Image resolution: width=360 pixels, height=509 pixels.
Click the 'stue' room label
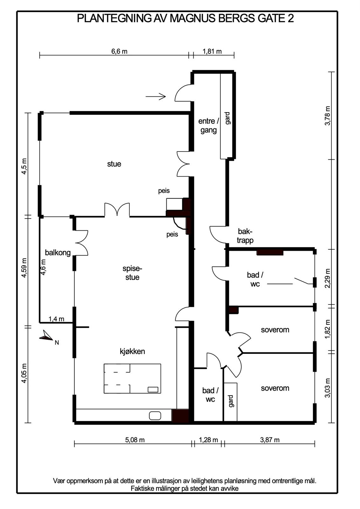(114, 164)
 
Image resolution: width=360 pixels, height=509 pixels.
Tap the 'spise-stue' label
(132, 273)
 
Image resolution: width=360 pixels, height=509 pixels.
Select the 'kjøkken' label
(132, 351)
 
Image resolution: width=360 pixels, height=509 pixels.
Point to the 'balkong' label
(58, 253)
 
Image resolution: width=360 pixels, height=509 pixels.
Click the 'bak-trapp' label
(245, 236)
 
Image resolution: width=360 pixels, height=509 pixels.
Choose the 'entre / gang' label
(209, 126)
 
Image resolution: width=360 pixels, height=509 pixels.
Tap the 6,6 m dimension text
(119, 51)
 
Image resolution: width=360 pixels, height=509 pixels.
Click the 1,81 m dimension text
(212, 51)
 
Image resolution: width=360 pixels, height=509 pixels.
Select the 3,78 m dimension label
(328, 116)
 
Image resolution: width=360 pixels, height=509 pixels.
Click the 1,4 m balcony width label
(56, 319)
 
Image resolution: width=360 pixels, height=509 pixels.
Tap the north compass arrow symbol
(46, 336)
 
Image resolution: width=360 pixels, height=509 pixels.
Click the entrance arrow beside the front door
(156, 97)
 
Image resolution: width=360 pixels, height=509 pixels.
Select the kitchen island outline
(132, 379)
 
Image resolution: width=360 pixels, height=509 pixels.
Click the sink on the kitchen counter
(155, 416)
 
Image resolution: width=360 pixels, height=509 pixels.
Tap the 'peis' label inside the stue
(164, 191)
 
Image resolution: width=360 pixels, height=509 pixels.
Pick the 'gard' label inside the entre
(228, 118)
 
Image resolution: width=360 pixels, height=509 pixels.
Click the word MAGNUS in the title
(193, 18)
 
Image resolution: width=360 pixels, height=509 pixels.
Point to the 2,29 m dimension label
(328, 278)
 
